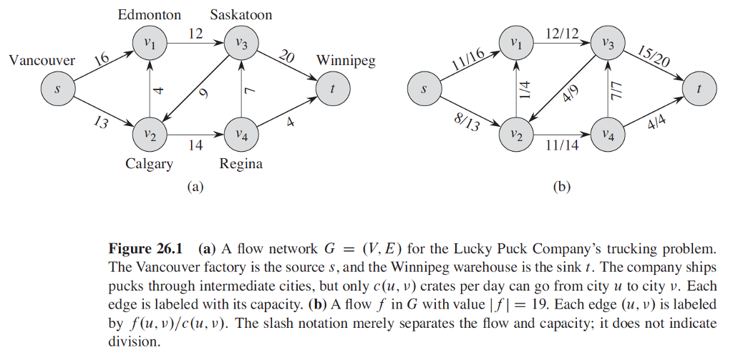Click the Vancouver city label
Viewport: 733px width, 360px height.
(42, 61)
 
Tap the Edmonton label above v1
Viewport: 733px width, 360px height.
(149, 14)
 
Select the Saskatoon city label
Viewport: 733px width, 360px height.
(241, 14)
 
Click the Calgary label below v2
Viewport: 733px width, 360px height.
(149, 164)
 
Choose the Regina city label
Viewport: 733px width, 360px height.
(241, 164)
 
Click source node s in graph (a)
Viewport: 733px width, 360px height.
(57, 89)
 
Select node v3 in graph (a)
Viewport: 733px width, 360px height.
(241, 44)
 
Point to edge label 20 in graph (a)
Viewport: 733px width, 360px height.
(286, 58)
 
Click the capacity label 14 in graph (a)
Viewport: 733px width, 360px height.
(195, 145)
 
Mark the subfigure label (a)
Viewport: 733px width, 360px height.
(195, 187)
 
